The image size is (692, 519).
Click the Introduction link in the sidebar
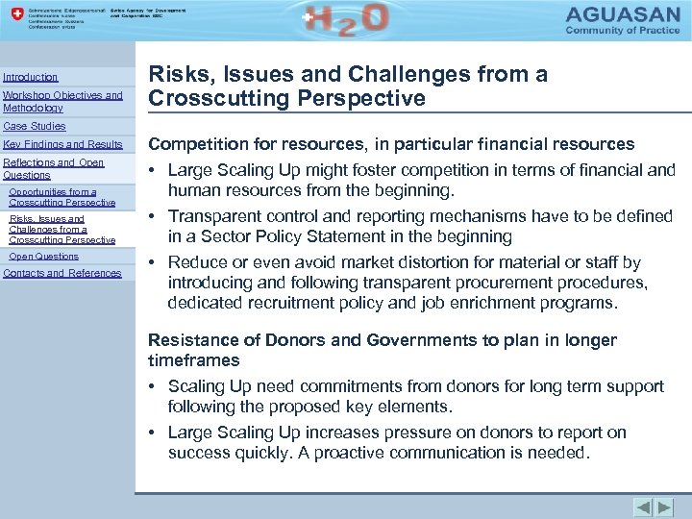coord(30,77)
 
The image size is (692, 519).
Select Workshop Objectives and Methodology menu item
coord(62,101)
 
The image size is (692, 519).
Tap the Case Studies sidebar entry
coord(35,126)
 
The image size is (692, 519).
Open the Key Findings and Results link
coord(62,144)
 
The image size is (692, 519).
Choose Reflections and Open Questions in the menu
coord(53,169)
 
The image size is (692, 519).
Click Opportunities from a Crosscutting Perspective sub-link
coord(62,197)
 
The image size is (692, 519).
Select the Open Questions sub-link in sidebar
coord(43,257)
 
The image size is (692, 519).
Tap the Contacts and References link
coord(62,273)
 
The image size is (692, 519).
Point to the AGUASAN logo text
coord(622,16)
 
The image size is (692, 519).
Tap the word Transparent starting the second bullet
coord(217,216)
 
